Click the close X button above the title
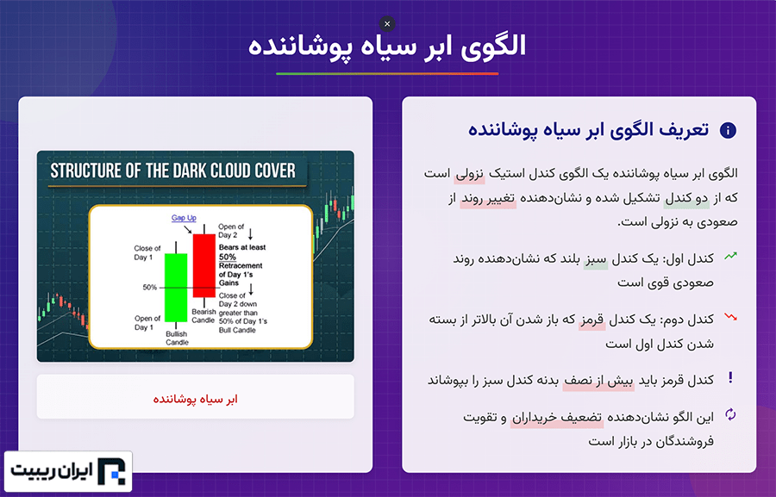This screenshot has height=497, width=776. pyautogui.click(x=387, y=24)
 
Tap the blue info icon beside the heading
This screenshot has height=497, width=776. pyautogui.click(x=728, y=131)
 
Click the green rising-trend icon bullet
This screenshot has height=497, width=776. pyautogui.click(x=730, y=256)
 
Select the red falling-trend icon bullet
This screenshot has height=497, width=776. pyautogui.click(x=730, y=316)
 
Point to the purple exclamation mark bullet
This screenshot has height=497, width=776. pyautogui.click(x=730, y=378)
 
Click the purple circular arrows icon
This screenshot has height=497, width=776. pyautogui.click(x=730, y=414)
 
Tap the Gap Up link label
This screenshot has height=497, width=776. pyautogui.click(x=184, y=218)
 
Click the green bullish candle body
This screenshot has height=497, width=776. pyautogui.click(x=176, y=288)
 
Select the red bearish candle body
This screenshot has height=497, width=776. pyautogui.click(x=203, y=265)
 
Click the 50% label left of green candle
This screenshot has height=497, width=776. pyautogui.click(x=149, y=288)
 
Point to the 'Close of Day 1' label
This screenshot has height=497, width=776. pyautogui.click(x=147, y=252)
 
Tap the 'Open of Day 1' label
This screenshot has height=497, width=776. pyautogui.click(x=147, y=322)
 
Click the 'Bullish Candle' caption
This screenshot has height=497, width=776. pyautogui.click(x=177, y=339)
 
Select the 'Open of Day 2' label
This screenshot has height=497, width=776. pyautogui.click(x=231, y=231)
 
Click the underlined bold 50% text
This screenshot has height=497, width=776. pyautogui.click(x=228, y=257)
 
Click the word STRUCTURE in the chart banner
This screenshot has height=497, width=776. pyautogui.click(x=86, y=171)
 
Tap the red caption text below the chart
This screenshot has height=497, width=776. pyautogui.click(x=196, y=399)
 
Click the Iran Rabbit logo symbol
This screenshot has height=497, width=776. pyautogui.click(x=111, y=471)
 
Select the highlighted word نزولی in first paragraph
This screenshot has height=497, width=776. pyautogui.click(x=469, y=174)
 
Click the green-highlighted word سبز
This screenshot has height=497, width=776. pyautogui.click(x=596, y=259)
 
